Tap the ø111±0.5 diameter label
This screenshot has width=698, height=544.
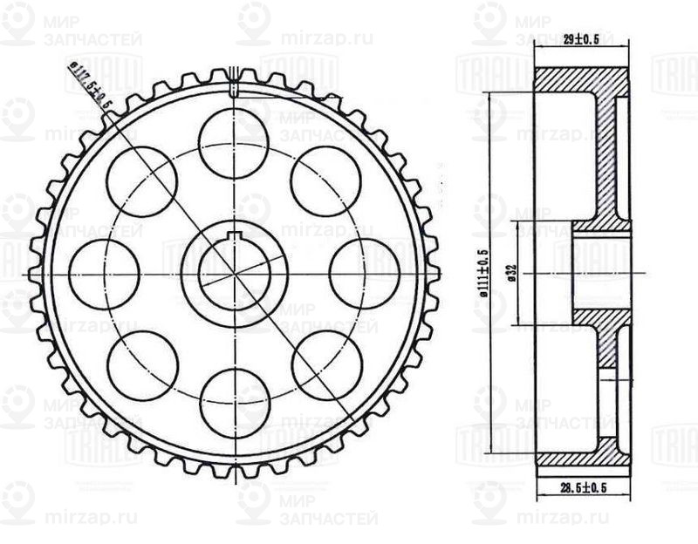[482, 274]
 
